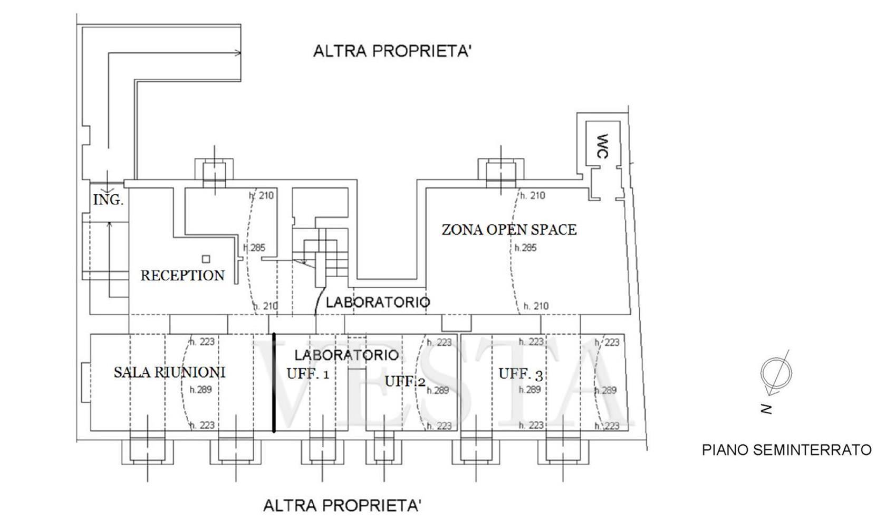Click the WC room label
tap(602, 146)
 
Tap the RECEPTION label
tap(182, 275)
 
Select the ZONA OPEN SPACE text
tap(509, 230)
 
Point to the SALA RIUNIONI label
tap(170, 372)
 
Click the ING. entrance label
tap(109, 200)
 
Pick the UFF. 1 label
tap(308, 374)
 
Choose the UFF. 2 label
tap(405, 381)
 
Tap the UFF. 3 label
tap(521, 374)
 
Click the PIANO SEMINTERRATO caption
tap(787, 450)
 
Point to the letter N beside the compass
tap(767, 409)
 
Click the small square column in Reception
tap(206, 259)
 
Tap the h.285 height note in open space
tap(525, 248)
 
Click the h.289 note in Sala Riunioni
tap(200, 390)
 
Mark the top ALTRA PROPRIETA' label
tap(392, 52)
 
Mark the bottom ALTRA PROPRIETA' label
tap(342, 506)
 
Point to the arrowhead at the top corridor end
tap(238, 53)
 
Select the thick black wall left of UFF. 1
tap(274, 383)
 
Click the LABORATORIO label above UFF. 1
tap(346, 355)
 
